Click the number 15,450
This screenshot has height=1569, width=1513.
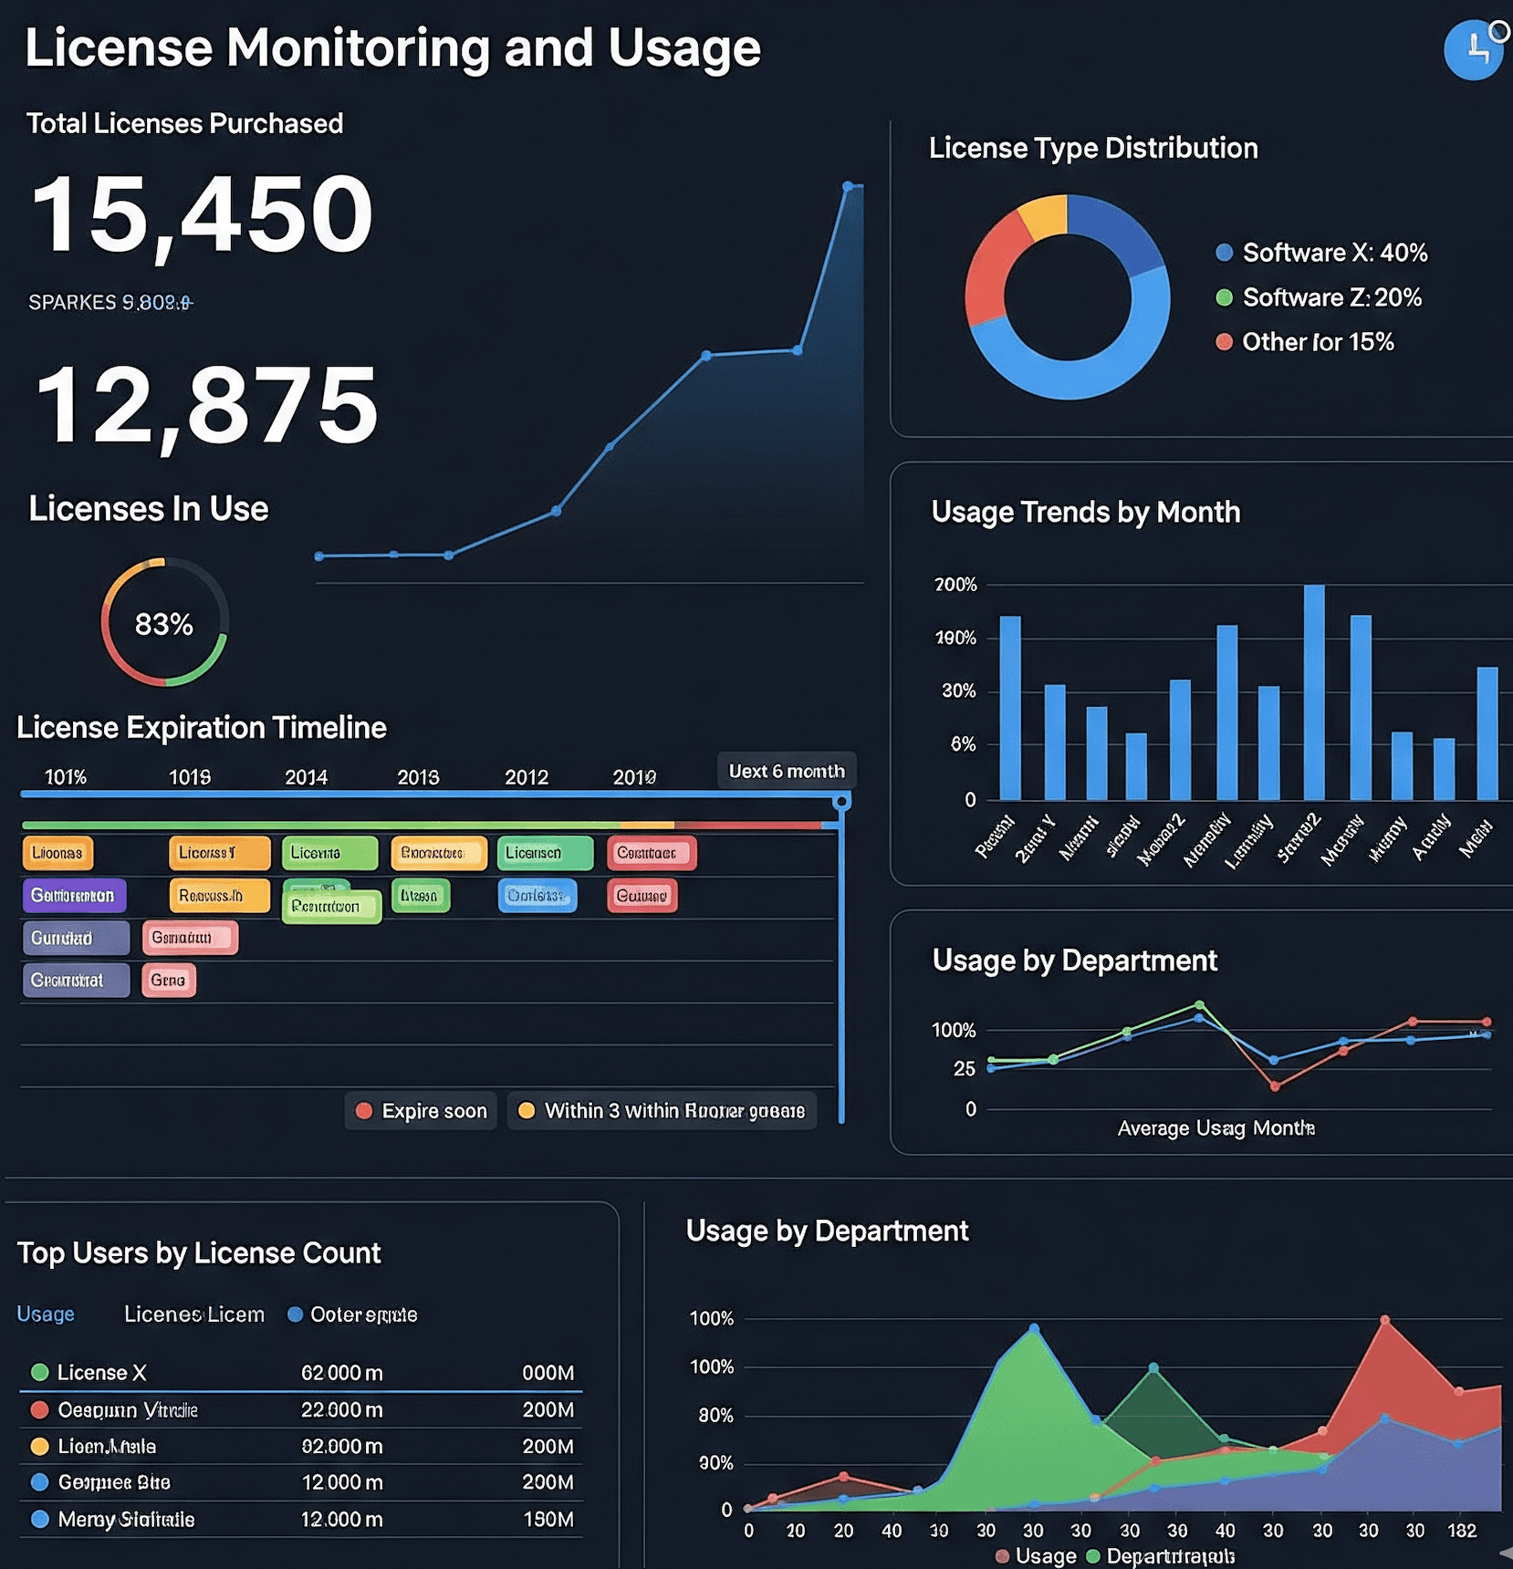click(203, 215)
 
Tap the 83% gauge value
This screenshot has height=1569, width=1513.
click(164, 624)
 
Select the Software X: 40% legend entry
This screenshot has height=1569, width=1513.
click(1322, 253)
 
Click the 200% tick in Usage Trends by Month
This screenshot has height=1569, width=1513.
click(955, 585)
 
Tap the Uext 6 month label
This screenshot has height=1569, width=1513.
click(786, 771)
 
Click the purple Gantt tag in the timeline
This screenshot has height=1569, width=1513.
click(74, 895)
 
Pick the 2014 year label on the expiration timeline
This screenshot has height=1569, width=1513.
click(306, 777)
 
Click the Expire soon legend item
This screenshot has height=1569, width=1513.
click(422, 1111)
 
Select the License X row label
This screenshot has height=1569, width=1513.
click(100, 1373)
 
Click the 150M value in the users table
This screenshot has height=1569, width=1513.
click(548, 1519)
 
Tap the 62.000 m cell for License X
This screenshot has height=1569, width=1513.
click(341, 1373)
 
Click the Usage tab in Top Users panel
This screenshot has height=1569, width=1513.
click(46, 1314)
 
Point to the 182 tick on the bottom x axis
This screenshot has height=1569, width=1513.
click(1461, 1531)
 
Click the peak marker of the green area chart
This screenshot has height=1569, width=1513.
click(1034, 1329)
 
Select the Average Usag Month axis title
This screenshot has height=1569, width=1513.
click(1216, 1128)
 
